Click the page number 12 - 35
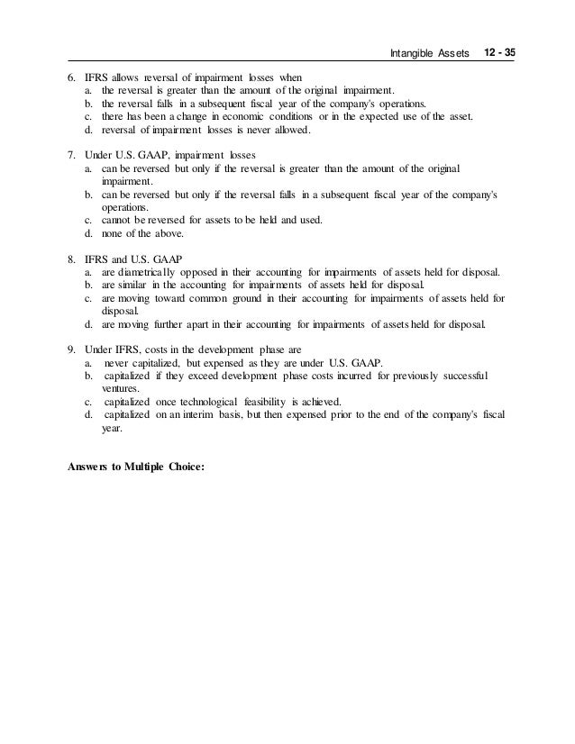click(498, 55)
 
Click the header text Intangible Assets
click(431, 56)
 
